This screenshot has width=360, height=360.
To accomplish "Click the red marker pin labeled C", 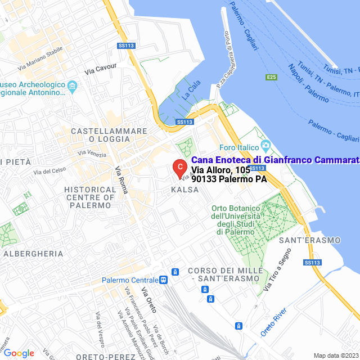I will point(179,167).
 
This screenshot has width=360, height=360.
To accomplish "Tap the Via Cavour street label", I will point(101,69).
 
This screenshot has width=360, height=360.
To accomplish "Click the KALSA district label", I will point(184,190).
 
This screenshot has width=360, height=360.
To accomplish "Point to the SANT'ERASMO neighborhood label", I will point(309,240).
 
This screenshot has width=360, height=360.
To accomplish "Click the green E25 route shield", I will point(271,77).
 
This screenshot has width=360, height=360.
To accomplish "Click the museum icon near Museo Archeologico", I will point(72,86).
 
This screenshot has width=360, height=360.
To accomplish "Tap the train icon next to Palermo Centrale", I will point(163,280).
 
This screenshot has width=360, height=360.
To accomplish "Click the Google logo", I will point(19,353).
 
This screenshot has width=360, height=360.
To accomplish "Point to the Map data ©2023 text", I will point(335,355).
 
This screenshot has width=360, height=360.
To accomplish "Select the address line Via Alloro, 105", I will point(220,170).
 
